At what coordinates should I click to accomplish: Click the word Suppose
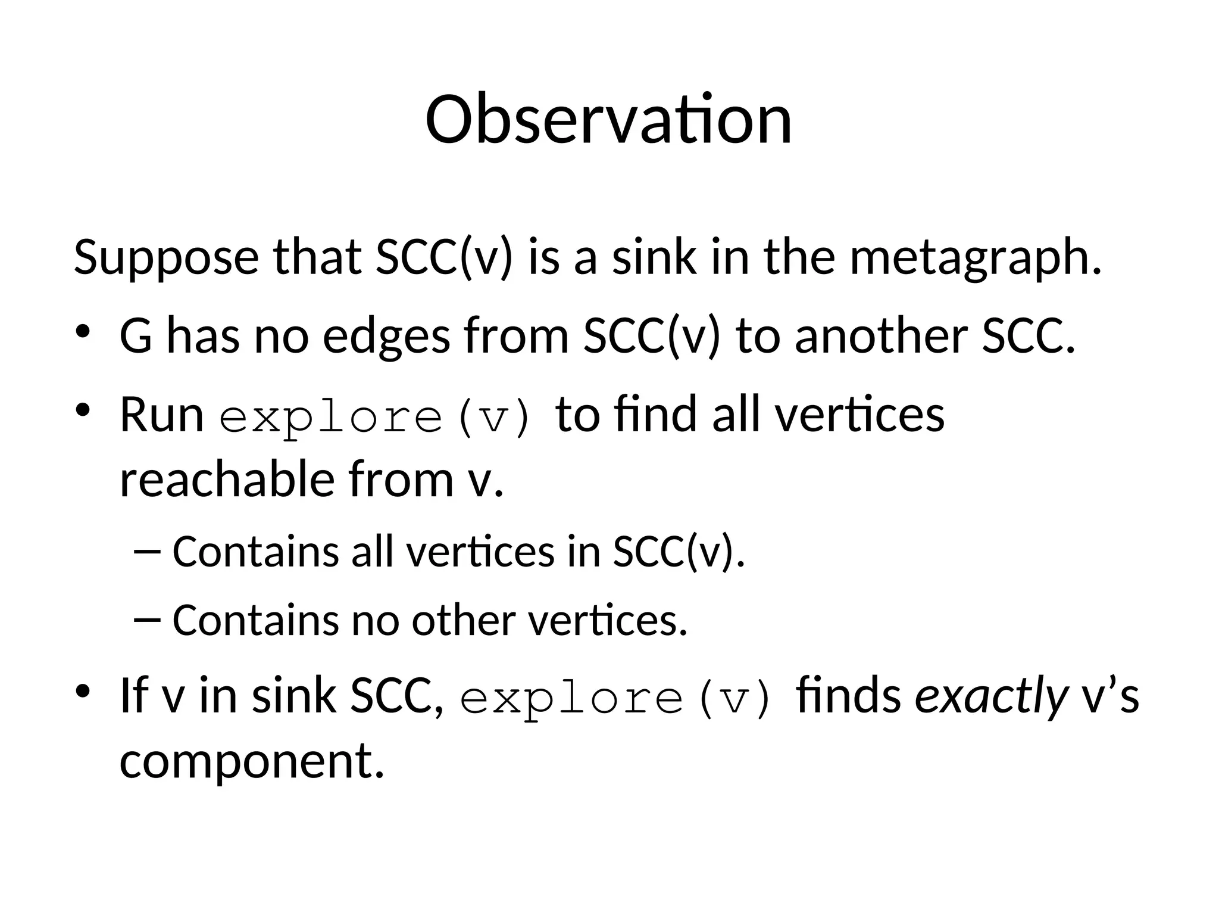pos(166,257)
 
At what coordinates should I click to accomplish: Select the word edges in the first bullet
pos(386,337)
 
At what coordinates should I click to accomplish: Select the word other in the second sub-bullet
pos(464,620)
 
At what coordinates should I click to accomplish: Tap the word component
pos(251,762)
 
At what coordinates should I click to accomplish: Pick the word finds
pos(849,695)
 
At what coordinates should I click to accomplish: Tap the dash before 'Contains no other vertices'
pos(148,620)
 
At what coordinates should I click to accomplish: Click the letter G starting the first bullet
pos(136,337)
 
